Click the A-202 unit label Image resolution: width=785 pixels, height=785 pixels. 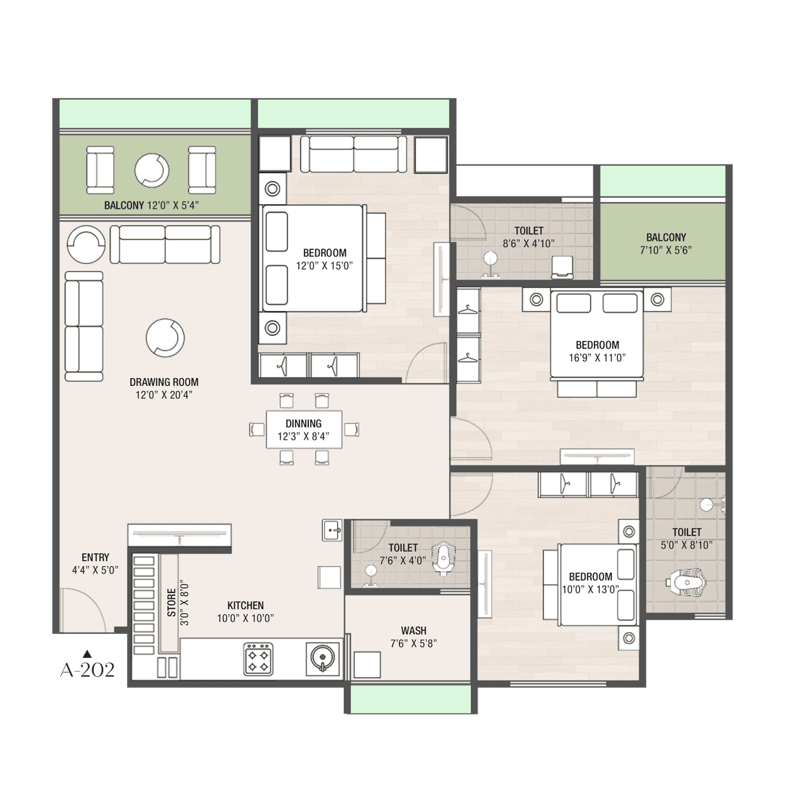pos(88,670)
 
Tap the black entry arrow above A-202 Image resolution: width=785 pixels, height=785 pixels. pos(87,653)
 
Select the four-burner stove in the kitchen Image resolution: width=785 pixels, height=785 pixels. pos(258,659)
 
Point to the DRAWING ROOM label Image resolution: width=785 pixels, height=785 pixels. pos(164,382)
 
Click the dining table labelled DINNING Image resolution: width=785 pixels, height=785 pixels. pos(304,430)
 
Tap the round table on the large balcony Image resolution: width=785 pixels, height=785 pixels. pos(152,171)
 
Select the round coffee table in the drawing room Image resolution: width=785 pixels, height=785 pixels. pos(165,338)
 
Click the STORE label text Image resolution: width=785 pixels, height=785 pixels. pos(172,603)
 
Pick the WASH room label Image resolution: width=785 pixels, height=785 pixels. pos(414,631)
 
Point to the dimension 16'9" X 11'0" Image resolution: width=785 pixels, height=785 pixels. pos(597,358)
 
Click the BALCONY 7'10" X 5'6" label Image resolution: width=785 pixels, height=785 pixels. pos(666,243)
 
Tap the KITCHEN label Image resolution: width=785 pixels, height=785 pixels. pos(246,605)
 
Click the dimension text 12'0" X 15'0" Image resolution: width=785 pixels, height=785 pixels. pos(324,266)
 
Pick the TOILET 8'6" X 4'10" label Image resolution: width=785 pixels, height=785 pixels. pos(528,237)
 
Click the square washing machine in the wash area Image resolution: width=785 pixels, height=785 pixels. pos(367,665)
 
